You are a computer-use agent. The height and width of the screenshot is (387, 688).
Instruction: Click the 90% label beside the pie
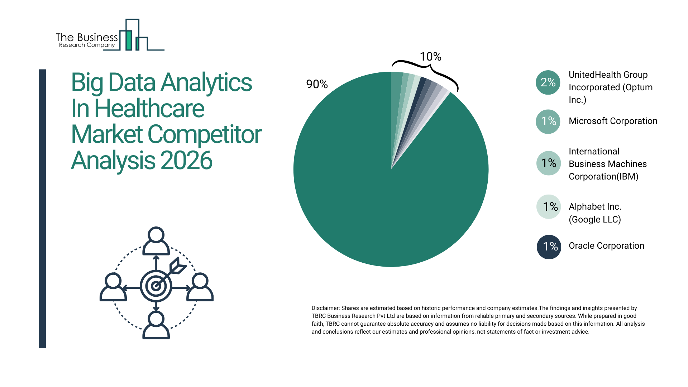point(317,84)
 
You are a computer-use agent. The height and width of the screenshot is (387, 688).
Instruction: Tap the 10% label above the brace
point(430,57)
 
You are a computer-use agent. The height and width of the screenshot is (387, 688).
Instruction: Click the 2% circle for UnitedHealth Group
point(548,82)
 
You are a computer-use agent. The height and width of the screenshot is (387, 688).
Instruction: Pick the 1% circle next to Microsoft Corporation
point(548,121)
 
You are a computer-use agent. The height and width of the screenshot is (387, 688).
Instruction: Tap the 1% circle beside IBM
point(548,163)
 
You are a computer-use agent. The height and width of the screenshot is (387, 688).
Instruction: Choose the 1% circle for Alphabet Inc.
point(548,207)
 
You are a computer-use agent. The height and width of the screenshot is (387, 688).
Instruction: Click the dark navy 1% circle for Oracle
point(549,247)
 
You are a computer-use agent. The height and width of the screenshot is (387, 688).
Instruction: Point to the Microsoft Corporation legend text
point(613,121)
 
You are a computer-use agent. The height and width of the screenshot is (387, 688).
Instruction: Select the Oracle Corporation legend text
point(606,246)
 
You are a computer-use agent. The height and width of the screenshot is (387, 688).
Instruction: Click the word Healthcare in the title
point(149,109)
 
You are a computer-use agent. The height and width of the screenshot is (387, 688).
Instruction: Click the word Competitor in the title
point(204,135)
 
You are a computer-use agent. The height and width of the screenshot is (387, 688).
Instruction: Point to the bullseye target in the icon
point(156,286)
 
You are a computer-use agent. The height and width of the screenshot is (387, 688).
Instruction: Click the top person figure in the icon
point(156,241)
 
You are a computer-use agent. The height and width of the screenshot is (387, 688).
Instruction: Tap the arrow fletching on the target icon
point(178,266)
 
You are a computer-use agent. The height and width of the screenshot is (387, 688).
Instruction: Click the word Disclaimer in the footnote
point(325,308)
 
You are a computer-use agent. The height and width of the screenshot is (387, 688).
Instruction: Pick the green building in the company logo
point(128,40)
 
